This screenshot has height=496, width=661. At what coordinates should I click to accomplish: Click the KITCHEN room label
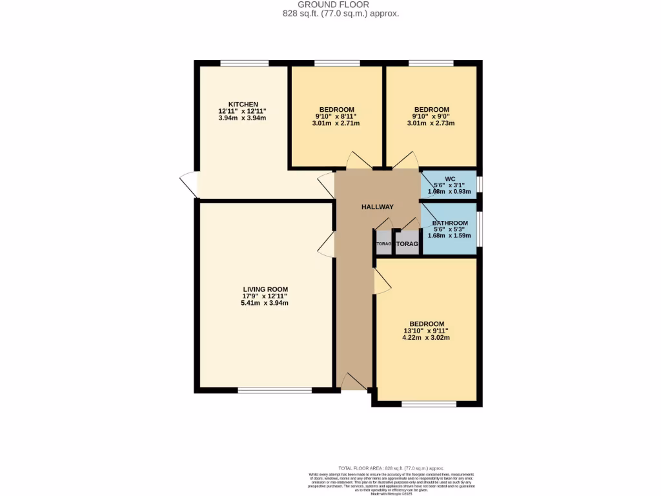243,105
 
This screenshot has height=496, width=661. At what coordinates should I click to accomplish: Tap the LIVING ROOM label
265,289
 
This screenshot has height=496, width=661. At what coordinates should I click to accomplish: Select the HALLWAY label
378,207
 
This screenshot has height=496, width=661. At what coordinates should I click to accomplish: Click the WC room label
450,179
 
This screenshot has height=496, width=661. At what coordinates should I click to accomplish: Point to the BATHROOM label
450,223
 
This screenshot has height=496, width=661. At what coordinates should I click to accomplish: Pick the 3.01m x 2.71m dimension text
336,123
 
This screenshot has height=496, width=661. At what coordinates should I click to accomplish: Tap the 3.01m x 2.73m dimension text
431,123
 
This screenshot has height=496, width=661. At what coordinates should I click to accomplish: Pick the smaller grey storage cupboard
383,243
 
